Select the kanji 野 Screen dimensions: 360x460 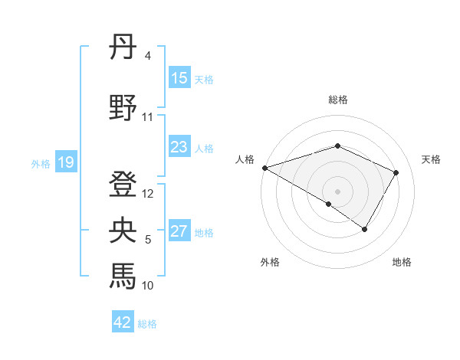coord(123,107)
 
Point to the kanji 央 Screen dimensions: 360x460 coord(123,230)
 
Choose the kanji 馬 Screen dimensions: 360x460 coord(123,274)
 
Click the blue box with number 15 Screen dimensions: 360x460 coord(179,78)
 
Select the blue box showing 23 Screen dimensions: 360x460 coord(179,147)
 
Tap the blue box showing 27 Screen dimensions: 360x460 coord(179,232)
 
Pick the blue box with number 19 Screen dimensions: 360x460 coord(65,162)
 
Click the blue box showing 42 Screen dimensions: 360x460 coord(123,322)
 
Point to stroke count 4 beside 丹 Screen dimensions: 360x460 coord(147,56)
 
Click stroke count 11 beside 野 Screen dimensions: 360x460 coord(148,117)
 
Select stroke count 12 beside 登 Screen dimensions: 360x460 coord(149,194)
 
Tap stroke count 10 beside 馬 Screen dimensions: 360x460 coord(148,286)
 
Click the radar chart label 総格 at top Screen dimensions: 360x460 coord(337,100)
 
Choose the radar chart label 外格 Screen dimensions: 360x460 coord(270,262)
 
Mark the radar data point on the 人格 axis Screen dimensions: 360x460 coord(264,168)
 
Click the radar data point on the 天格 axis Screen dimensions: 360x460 coord(396,172)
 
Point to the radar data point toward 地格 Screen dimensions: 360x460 coord(365,229)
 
